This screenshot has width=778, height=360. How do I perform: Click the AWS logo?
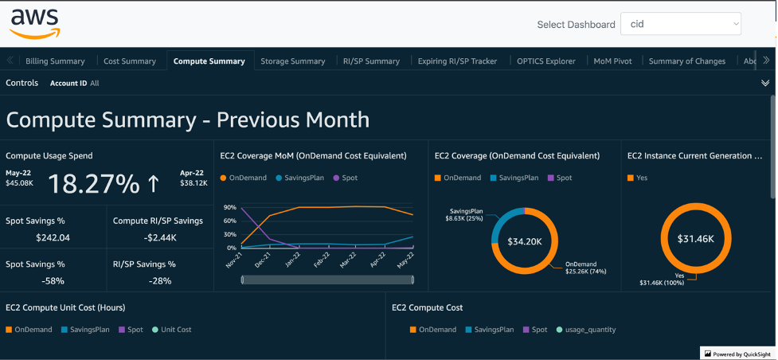tap(35, 24)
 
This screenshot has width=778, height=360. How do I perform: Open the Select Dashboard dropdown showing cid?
tap(680, 24)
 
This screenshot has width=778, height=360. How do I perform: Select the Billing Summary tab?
tap(55, 61)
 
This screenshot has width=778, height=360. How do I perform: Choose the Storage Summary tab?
tap(292, 61)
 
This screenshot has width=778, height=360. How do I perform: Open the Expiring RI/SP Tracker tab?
tap(457, 61)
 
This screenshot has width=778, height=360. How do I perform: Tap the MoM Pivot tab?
tap(612, 61)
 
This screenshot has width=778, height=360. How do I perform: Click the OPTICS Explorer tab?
tap(545, 61)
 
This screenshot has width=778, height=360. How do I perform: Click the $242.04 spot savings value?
tap(53, 237)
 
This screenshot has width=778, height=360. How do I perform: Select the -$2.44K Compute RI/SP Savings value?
tap(158, 237)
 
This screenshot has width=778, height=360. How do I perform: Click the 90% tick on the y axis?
tap(229, 207)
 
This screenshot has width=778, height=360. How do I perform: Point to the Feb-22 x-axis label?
tap(319, 262)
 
